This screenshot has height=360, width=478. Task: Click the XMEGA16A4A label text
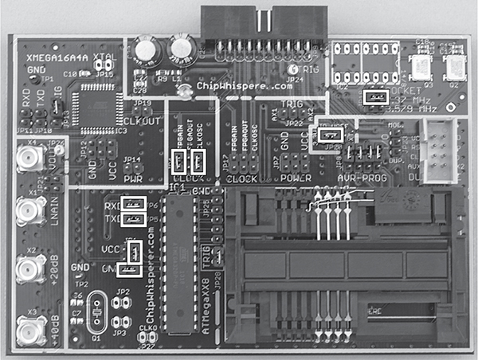click(x=55, y=59)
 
